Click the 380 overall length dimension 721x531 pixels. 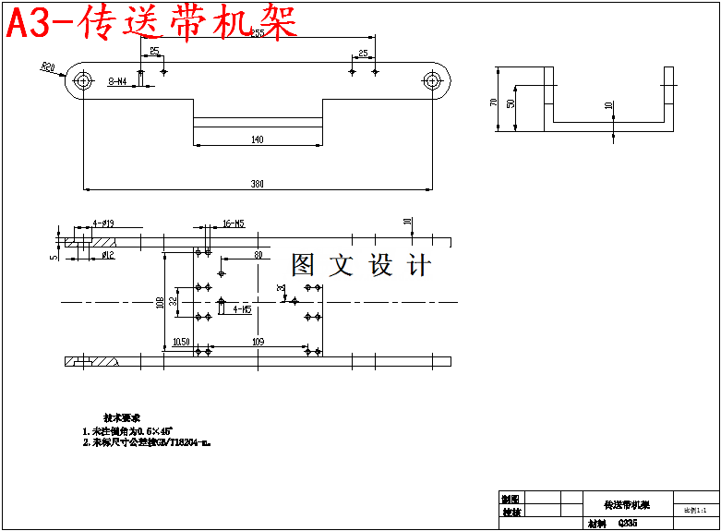(258, 184)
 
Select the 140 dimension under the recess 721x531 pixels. (257, 139)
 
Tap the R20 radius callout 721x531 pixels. (48, 66)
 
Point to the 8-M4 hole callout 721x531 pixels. (118, 82)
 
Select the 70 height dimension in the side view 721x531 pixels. (495, 101)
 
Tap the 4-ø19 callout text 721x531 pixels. (102, 223)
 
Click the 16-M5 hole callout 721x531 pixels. (234, 223)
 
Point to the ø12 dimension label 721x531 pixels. (107, 254)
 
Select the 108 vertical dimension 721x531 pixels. (159, 302)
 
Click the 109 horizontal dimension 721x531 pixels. (258, 343)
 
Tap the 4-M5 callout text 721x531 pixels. (242, 309)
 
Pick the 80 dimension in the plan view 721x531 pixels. (258, 254)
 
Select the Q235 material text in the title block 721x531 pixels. (627, 523)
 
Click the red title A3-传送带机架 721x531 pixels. (152, 23)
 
